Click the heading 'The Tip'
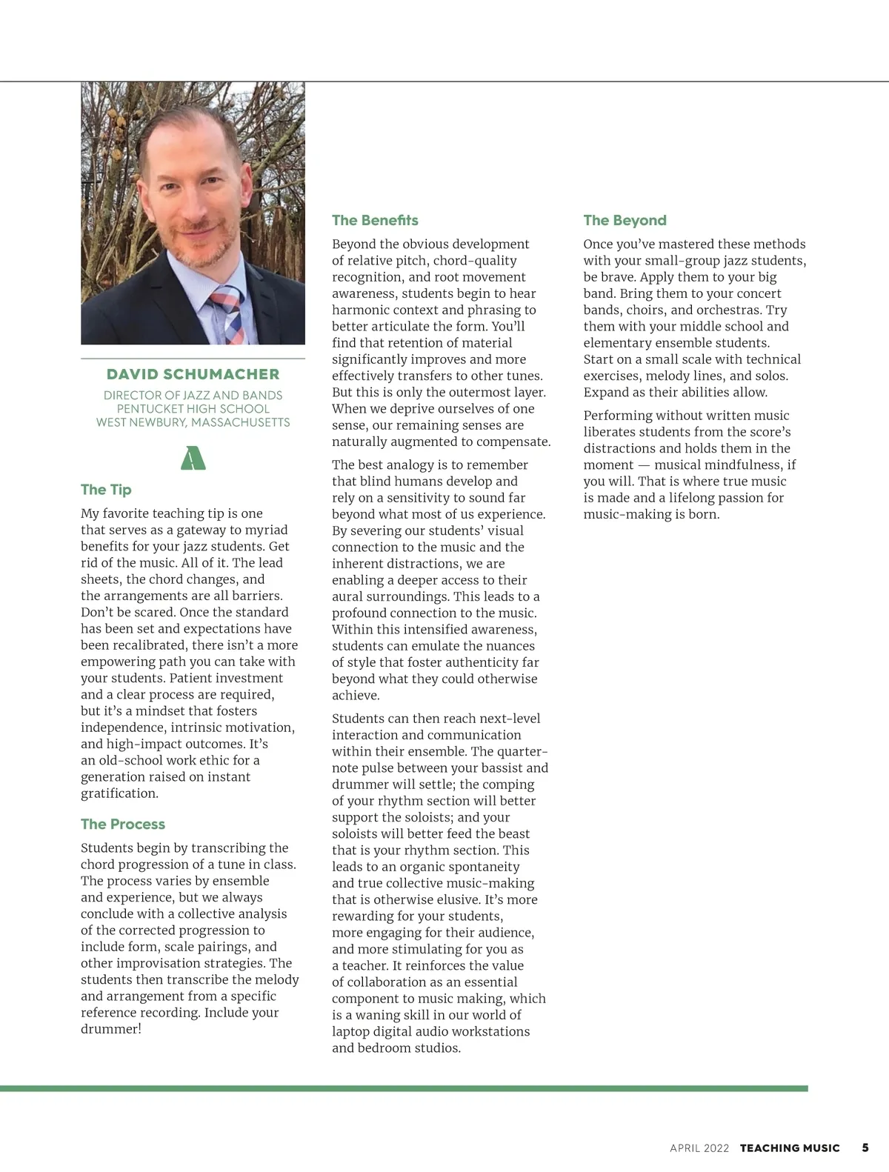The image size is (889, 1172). tap(106, 490)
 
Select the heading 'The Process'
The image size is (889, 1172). tap(123, 824)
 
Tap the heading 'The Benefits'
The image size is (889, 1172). tap(375, 220)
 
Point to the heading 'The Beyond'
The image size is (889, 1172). tap(625, 220)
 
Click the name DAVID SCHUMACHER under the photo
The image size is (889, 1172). tap(193, 374)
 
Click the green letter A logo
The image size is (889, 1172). tap(193, 458)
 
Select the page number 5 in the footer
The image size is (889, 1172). tap(865, 1148)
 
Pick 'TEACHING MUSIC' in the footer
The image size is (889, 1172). tap(790, 1148)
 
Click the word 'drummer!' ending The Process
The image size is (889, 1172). tap(111, 1029)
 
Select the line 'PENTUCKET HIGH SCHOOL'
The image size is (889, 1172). tap(193, 409)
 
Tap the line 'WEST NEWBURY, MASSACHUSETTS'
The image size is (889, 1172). tap(193, 422)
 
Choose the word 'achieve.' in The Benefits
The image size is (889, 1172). tap(356, 696)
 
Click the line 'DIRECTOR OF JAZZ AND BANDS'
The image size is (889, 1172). tap(193, 396)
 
